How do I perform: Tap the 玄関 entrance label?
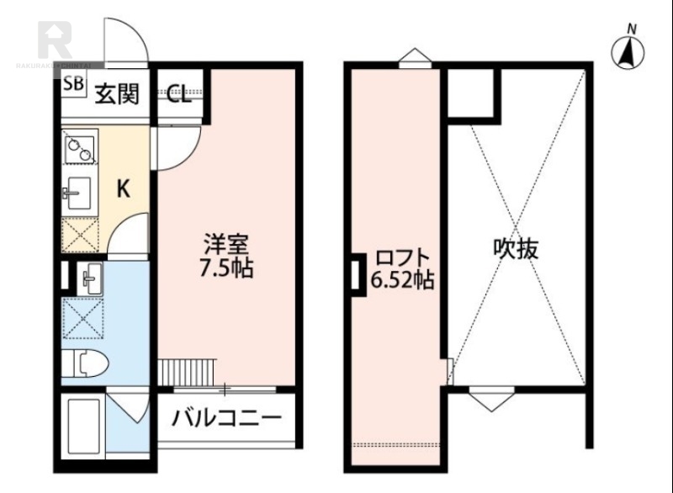coord(115,93)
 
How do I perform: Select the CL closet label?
coord(178,93)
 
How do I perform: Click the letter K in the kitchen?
coord(123,190)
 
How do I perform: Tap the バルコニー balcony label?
coord(226,418)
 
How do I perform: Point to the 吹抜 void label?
coord(516,249)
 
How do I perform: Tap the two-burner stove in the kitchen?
coord(80,149)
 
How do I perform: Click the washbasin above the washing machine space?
coord(90,276)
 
